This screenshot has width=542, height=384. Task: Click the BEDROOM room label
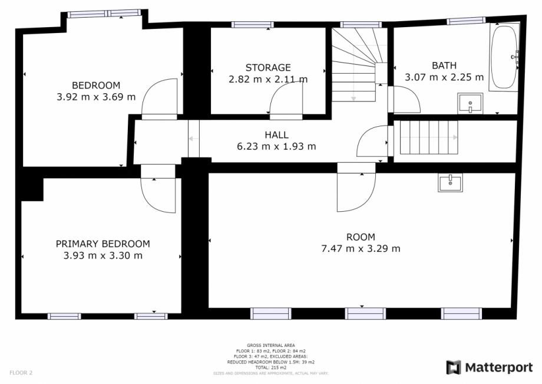point(96,86)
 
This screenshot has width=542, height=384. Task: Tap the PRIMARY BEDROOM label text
point(103,244)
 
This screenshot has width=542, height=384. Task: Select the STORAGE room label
point(268,67)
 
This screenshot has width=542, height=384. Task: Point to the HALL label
point(276,135)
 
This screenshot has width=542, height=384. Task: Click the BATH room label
point(444,65)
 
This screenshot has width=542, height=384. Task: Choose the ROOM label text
point(361,237)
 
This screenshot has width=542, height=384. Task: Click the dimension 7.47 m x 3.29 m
point(361,248)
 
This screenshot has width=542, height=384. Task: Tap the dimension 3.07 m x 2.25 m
point(444,77)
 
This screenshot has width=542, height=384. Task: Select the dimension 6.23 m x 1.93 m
point(276,146)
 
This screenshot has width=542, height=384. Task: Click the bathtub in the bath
point(504,57)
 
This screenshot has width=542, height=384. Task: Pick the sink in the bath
point(470,103)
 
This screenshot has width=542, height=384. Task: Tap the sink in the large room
point(451,182)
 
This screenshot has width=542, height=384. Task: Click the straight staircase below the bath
point(429,137)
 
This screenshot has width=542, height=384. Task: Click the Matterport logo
point(490,367)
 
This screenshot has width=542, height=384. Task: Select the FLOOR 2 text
point(21,373)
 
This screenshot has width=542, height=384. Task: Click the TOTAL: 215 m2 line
point(271,367)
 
